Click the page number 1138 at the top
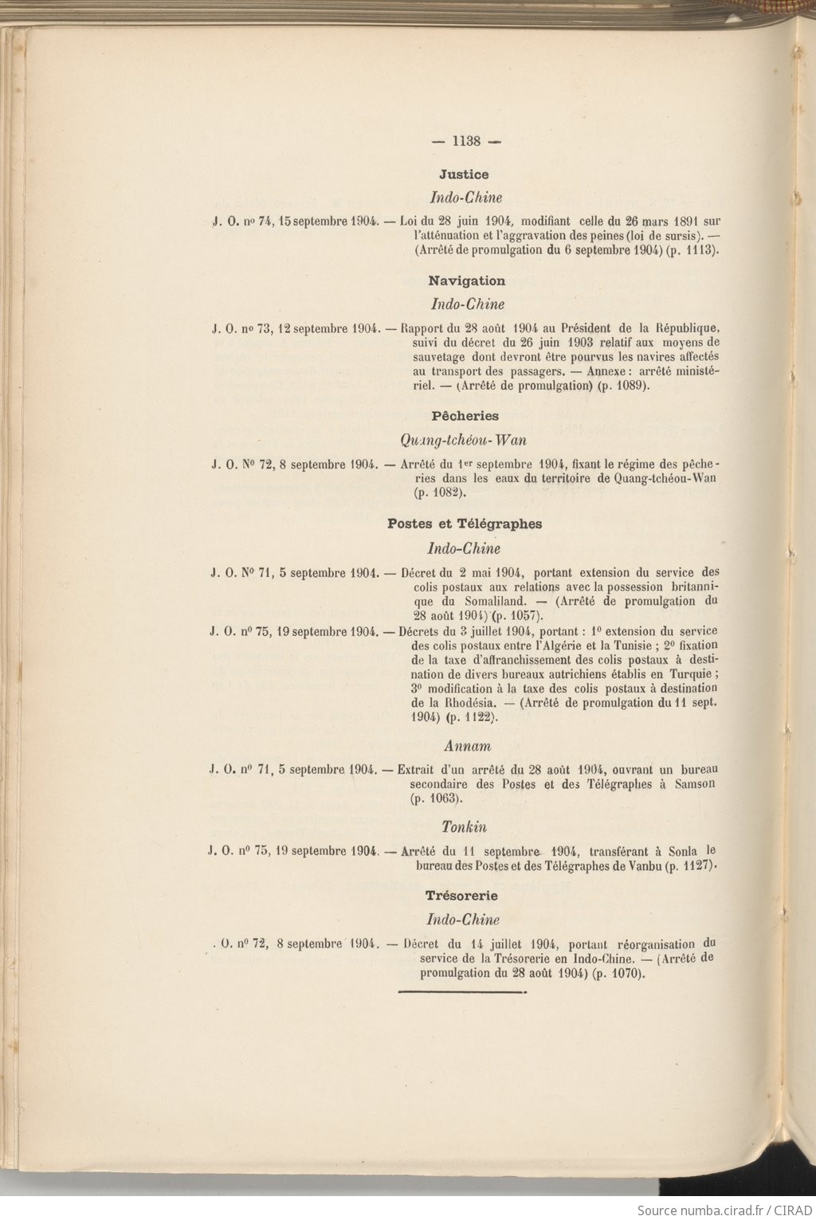point(466,141)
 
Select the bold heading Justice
point(464,174)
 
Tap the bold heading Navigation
point(466,280)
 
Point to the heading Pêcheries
point(465,415)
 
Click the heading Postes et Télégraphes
point(465,524)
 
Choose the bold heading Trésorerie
point(461,896)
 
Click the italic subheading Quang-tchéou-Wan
point(464,440)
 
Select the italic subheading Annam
point(467,746)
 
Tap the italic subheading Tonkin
point(464,827)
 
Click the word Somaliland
point(488,601)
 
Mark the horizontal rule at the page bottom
point(461,992)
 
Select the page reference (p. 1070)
point(618,973)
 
